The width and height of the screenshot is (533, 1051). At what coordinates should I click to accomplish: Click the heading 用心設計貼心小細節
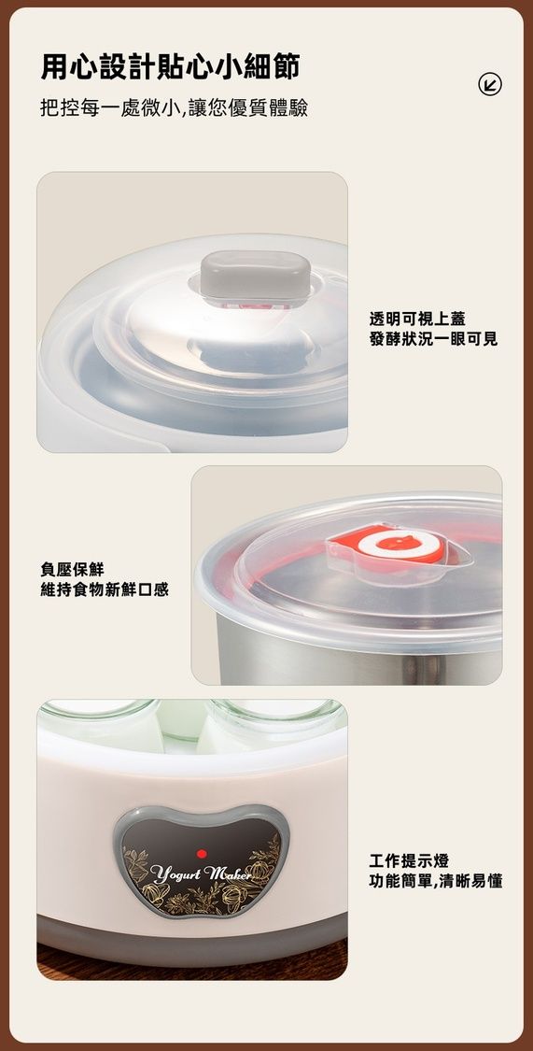pos(170,67)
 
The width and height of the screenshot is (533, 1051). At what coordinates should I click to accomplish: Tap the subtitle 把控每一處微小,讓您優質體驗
pos(175,108)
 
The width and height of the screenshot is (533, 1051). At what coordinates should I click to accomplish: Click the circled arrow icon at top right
pos(490,84)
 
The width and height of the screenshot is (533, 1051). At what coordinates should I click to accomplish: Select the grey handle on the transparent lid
pos(255,275)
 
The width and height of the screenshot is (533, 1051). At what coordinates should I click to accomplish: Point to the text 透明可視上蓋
pos(417,320)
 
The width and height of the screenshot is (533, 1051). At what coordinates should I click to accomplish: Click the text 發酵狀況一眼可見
pos(433,339)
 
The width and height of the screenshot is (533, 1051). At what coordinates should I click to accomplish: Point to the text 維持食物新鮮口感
pos(105,589)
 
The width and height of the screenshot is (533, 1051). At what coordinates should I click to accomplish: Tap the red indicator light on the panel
pos(202,853)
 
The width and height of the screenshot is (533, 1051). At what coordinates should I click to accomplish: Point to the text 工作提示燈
pos(409,860)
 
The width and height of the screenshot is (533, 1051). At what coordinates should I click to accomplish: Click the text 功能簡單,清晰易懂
pos(436,881)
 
